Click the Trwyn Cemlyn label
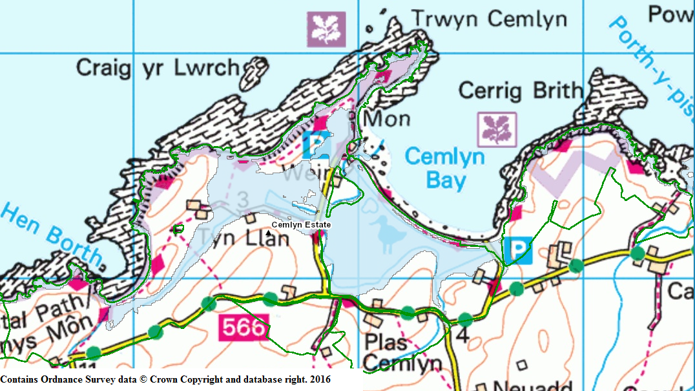click(x=489, y=19)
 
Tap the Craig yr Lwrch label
click(x=157, y=67)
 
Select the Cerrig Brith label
click(x=520, y=90)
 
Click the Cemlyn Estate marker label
click(x=301, y=225)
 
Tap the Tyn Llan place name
click(x=247, y=239)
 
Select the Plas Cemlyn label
click(x=402, y=352)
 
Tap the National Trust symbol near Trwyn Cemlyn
click(x=326, y=28)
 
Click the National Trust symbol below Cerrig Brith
click(x=497, y=129)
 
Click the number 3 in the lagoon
click(x=243, y=199)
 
